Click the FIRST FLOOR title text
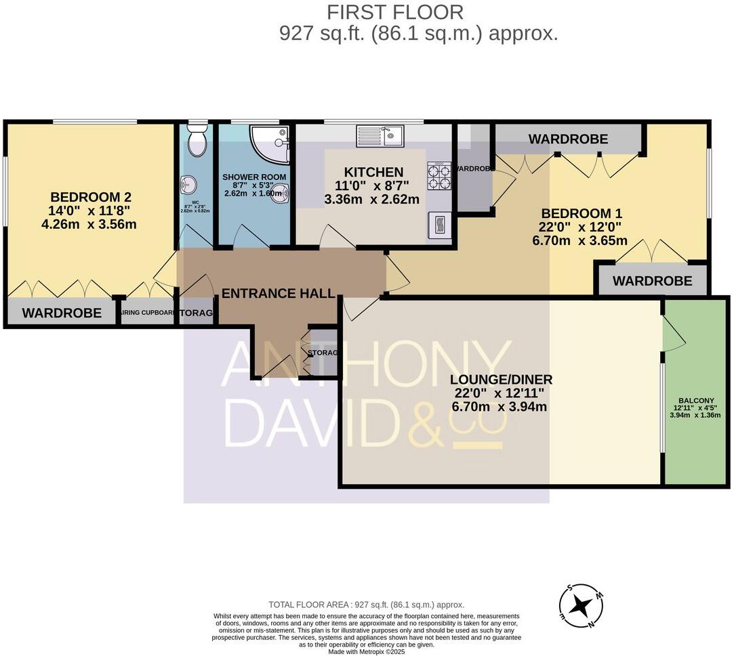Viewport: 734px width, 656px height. coord(395,12)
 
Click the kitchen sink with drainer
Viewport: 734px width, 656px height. coord(380,137)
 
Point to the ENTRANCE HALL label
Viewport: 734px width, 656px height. coord(278,293)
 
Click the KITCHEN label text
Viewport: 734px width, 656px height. coord(373,172)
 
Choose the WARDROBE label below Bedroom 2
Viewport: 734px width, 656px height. coord(62,313)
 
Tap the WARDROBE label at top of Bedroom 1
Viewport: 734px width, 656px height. coord(568,139)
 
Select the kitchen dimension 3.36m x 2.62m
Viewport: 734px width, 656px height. coord(373,199)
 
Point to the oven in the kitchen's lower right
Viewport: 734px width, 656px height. coord(439,224)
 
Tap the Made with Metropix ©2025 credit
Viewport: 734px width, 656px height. coord(366,651)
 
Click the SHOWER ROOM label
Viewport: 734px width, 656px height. coord(255,177)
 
